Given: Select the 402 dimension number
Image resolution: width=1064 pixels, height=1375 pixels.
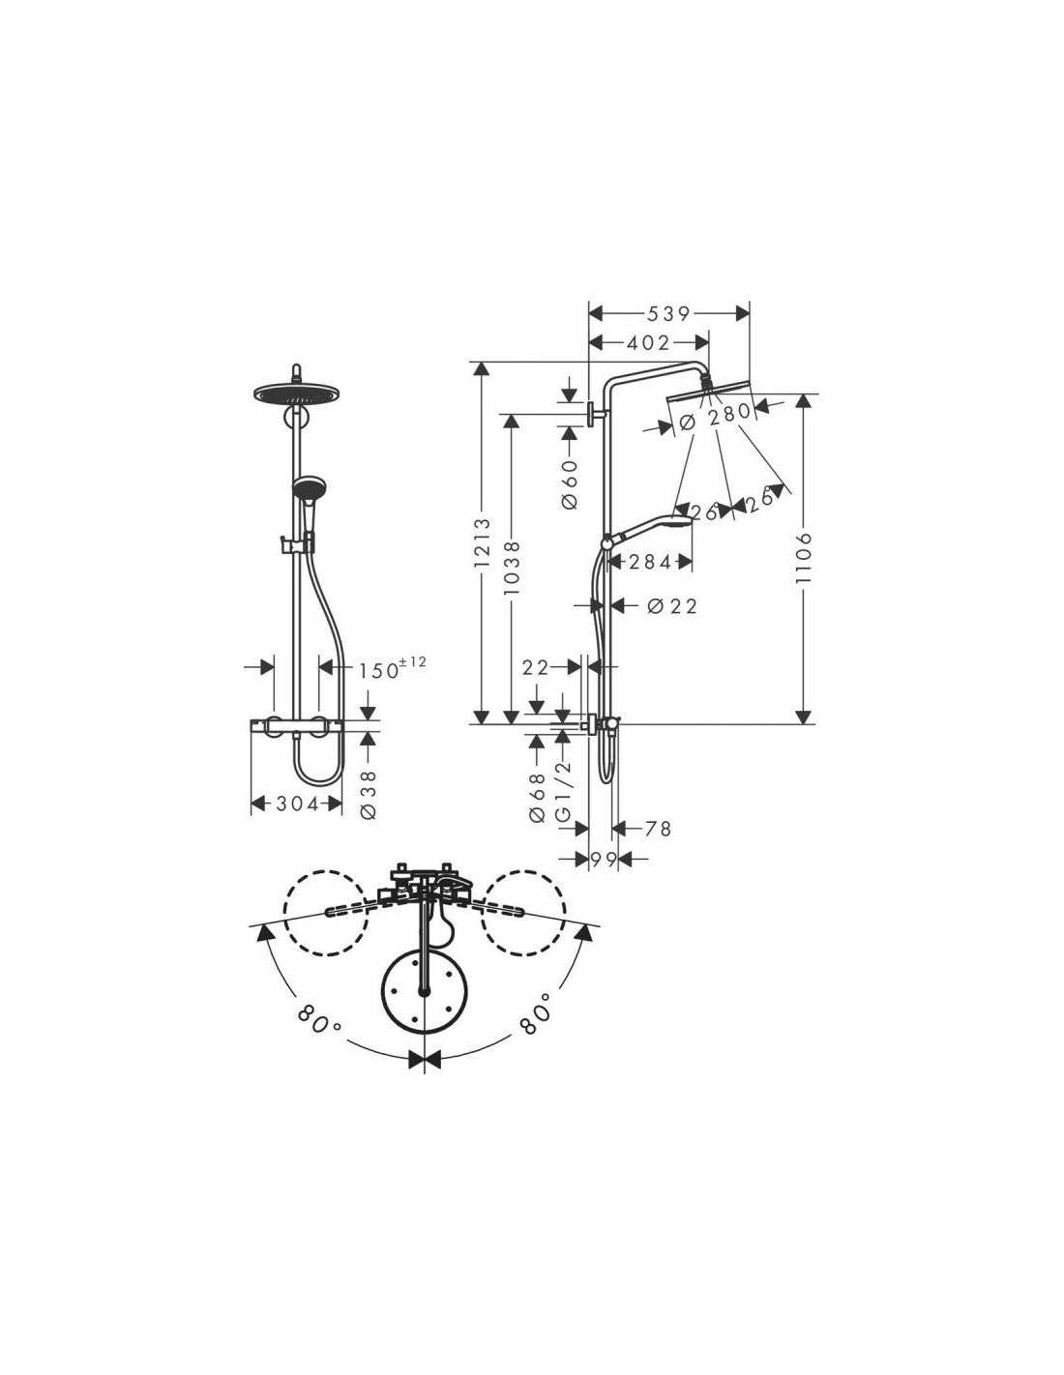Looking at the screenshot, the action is pos(647,343).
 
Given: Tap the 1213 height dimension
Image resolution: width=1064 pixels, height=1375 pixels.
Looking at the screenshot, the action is pos(483,542).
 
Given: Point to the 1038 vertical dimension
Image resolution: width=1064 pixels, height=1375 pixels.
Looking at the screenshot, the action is pos(513,568).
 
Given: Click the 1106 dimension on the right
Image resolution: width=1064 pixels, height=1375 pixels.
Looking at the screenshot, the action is pos(803,557).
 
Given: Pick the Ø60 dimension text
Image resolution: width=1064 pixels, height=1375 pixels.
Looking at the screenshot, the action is pos(570,484).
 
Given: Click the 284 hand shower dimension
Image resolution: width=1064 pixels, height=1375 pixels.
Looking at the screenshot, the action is pos(649,561).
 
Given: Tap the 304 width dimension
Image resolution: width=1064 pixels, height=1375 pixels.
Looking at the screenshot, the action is pos(297,804).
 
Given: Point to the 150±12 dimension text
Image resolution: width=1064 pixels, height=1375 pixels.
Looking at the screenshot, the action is pos(393,668).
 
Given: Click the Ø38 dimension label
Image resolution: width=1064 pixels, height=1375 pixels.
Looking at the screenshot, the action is pos(368,795).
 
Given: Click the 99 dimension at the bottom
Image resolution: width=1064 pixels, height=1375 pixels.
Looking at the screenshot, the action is pos(604,859).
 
